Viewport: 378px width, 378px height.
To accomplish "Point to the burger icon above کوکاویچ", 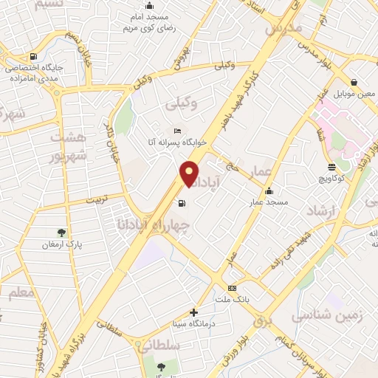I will click(x=331, y=167).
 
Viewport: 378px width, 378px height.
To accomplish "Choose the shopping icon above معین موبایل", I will click(x=354, y=83).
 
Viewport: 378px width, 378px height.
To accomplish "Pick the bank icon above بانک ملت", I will click(x=233, y=288).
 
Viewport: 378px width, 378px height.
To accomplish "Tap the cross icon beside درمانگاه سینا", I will click(x=193, y=312).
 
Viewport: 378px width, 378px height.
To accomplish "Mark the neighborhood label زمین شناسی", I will click(x=330, y=315).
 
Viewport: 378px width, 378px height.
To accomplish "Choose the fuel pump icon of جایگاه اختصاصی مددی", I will click(x=32, y=56).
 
